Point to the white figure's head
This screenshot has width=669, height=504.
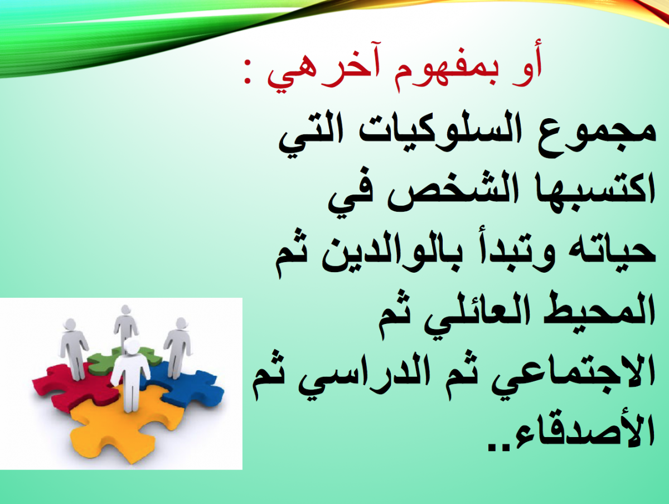coord(132,346)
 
